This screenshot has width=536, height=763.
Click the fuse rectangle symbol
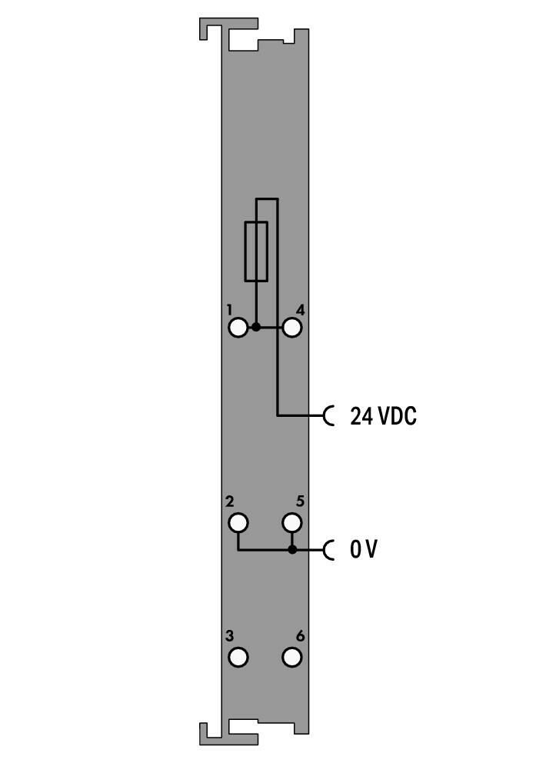[245, 252]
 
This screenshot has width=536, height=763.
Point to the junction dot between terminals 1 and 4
[256, 328]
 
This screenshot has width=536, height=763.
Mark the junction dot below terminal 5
[291, 550]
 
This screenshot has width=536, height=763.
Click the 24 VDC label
[383, 416]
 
